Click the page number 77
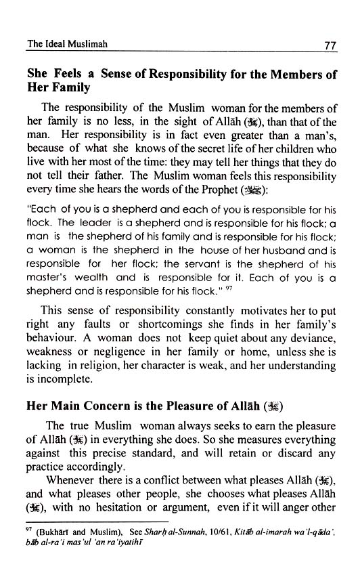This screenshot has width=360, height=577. (329, 47)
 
